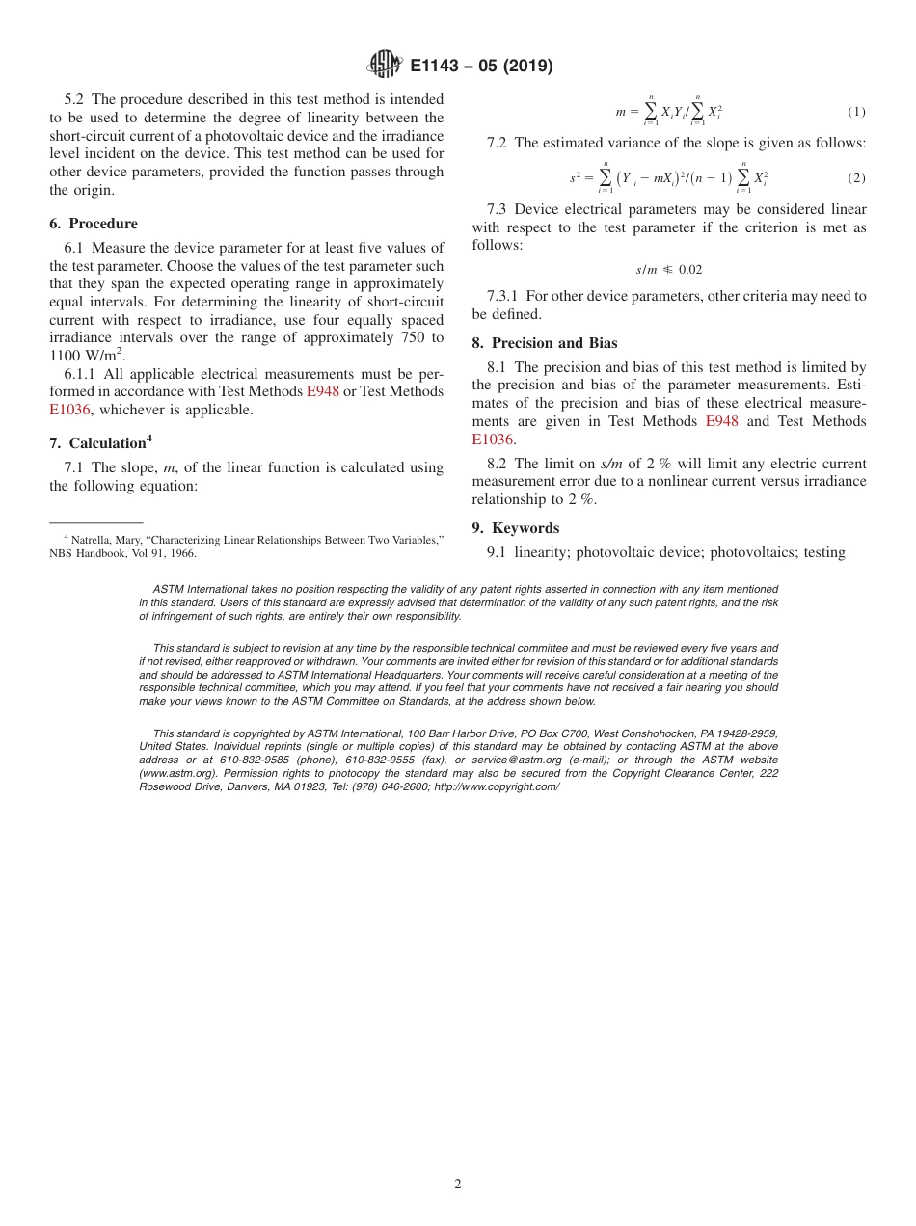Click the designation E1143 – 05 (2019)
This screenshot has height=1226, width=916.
click(x=481, y=66)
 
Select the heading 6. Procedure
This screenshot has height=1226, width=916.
click(x=94, y=224)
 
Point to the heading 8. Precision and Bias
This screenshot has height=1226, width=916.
click(x=544, y=343)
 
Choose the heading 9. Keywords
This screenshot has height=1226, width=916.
click(x=515, y=528)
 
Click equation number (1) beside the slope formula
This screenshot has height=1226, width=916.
click(x=856, y=112)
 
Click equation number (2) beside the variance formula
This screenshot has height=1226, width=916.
click(x=856, y=178)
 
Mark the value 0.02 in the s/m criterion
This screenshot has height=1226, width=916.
click(x=689, y=270)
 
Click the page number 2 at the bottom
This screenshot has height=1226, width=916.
click(x=458, y=1185)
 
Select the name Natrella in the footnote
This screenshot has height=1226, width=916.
click(x=90, y=541)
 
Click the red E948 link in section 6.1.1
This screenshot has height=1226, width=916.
click(x=322, y=391)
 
